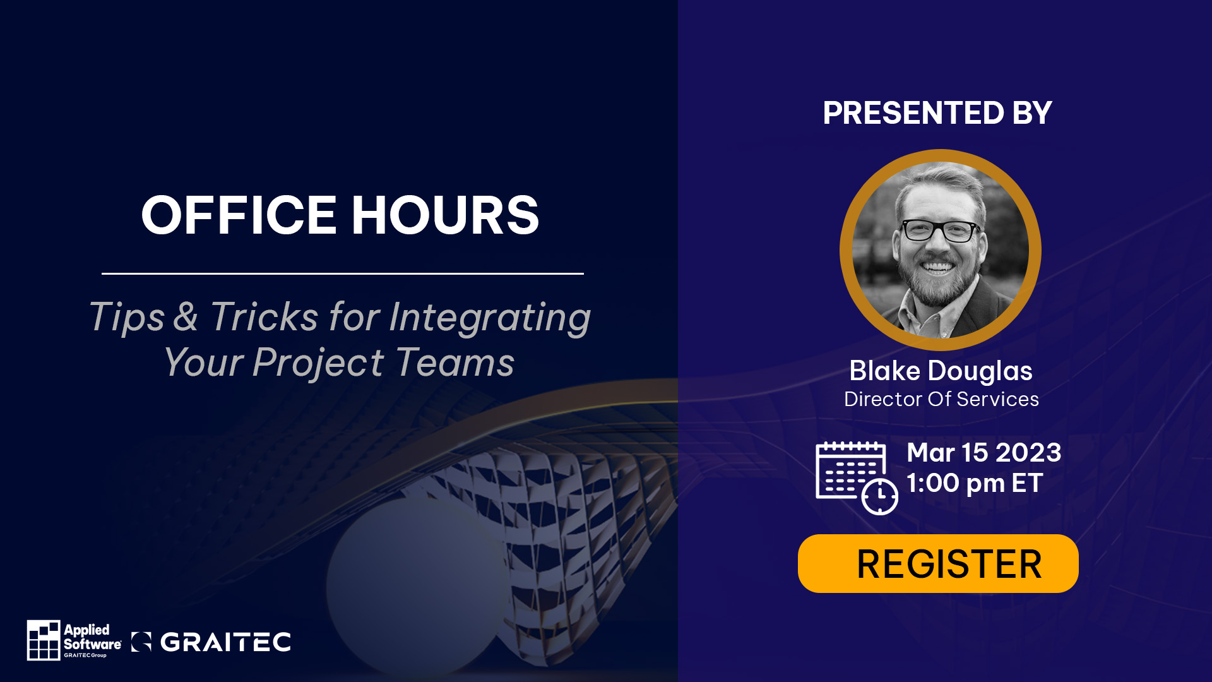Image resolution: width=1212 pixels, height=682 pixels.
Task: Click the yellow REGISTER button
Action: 938,563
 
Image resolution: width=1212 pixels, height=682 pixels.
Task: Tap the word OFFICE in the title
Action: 239,215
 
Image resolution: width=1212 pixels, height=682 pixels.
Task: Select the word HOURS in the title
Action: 445,215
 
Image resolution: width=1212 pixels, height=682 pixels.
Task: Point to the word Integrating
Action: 490,318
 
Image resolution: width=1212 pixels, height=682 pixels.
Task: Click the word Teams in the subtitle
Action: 456,362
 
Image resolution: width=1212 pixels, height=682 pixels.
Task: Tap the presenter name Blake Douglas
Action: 941,371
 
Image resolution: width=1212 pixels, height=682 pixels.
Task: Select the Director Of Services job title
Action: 941,399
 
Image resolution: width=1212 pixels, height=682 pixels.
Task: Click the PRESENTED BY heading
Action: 937,113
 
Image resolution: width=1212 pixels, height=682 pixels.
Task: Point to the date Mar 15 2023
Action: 984,452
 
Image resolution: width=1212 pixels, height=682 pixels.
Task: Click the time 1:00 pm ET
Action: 975,483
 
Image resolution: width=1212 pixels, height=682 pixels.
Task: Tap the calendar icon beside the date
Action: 857,478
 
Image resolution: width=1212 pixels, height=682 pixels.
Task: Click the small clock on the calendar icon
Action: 880,497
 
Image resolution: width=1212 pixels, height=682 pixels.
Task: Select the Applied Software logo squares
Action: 44,640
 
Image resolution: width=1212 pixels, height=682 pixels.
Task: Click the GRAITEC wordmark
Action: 225,642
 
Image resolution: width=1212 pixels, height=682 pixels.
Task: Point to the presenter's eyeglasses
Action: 941,230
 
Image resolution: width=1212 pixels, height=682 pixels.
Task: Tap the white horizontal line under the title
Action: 343,273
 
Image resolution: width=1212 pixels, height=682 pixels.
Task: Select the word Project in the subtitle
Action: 318,364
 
